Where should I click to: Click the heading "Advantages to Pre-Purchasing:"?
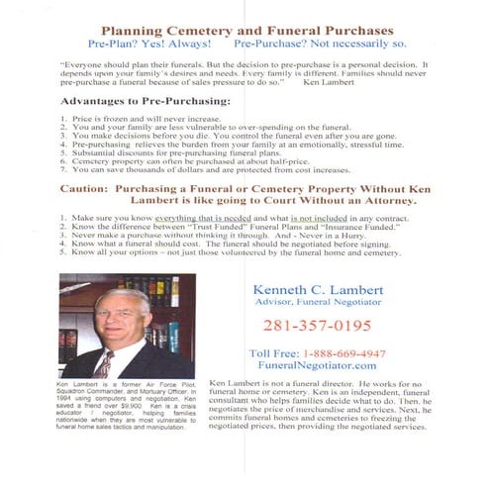click(x=146, y=102)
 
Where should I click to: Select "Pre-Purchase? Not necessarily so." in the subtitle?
click(x=320, y=45)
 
